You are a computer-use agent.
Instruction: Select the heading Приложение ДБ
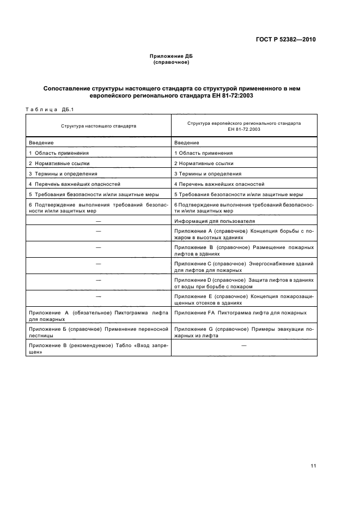[x=171, y=57]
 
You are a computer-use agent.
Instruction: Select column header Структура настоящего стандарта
[x=98, y=125]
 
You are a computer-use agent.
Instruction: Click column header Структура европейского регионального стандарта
[x=243, y=123]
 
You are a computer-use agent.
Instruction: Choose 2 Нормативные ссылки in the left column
[x=59, y=163]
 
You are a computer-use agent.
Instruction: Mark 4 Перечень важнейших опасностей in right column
[x=219, y=184]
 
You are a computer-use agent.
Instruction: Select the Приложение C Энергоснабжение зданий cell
[x=243, y=266]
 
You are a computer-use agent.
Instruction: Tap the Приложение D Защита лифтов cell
[x=243, y=283]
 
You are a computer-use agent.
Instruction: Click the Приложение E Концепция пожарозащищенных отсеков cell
[x=243, y=299]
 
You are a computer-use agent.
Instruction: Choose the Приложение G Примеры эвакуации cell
[x=243, y=332]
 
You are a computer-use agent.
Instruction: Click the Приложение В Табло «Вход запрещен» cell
[x=98, y=349]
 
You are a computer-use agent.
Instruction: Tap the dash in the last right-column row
[x=243, y=346]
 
